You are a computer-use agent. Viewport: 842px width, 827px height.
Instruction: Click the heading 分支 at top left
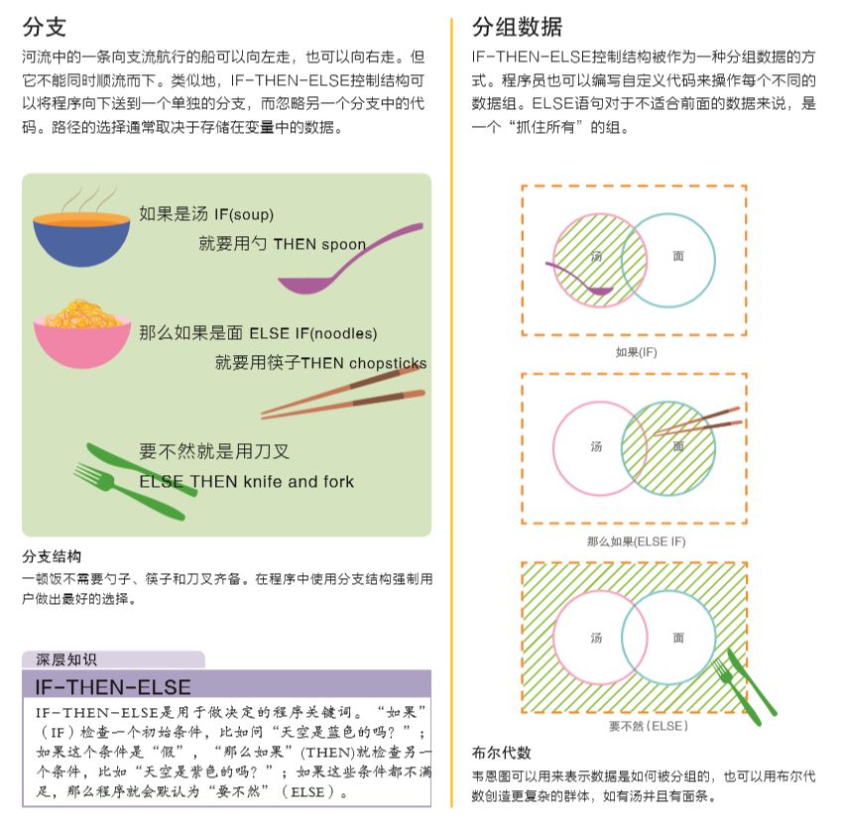44,27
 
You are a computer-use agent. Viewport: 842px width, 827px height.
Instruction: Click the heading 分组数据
517,27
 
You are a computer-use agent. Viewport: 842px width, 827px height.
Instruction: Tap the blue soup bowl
81,239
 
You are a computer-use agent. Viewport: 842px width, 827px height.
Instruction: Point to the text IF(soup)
244,215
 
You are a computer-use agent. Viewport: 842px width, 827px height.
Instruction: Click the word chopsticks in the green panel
388,364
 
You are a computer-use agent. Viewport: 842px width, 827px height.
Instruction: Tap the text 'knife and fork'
300,482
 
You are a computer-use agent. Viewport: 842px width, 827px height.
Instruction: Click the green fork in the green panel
129,492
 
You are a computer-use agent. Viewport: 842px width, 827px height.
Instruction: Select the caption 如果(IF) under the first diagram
637,352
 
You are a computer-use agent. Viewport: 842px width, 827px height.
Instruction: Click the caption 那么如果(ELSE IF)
637,541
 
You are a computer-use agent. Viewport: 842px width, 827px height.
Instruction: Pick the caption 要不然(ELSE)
649,726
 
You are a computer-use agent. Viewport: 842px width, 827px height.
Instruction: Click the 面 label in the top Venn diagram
678,256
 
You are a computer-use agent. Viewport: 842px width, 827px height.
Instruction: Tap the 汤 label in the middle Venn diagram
596,447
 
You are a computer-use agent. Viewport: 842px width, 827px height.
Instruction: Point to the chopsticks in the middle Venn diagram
698,422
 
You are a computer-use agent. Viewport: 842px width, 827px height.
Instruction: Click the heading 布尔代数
502,753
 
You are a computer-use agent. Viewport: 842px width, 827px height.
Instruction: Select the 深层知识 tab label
66,659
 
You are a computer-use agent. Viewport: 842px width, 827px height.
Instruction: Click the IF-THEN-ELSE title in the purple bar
113,687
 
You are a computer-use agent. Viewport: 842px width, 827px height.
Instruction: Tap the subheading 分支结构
52,556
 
